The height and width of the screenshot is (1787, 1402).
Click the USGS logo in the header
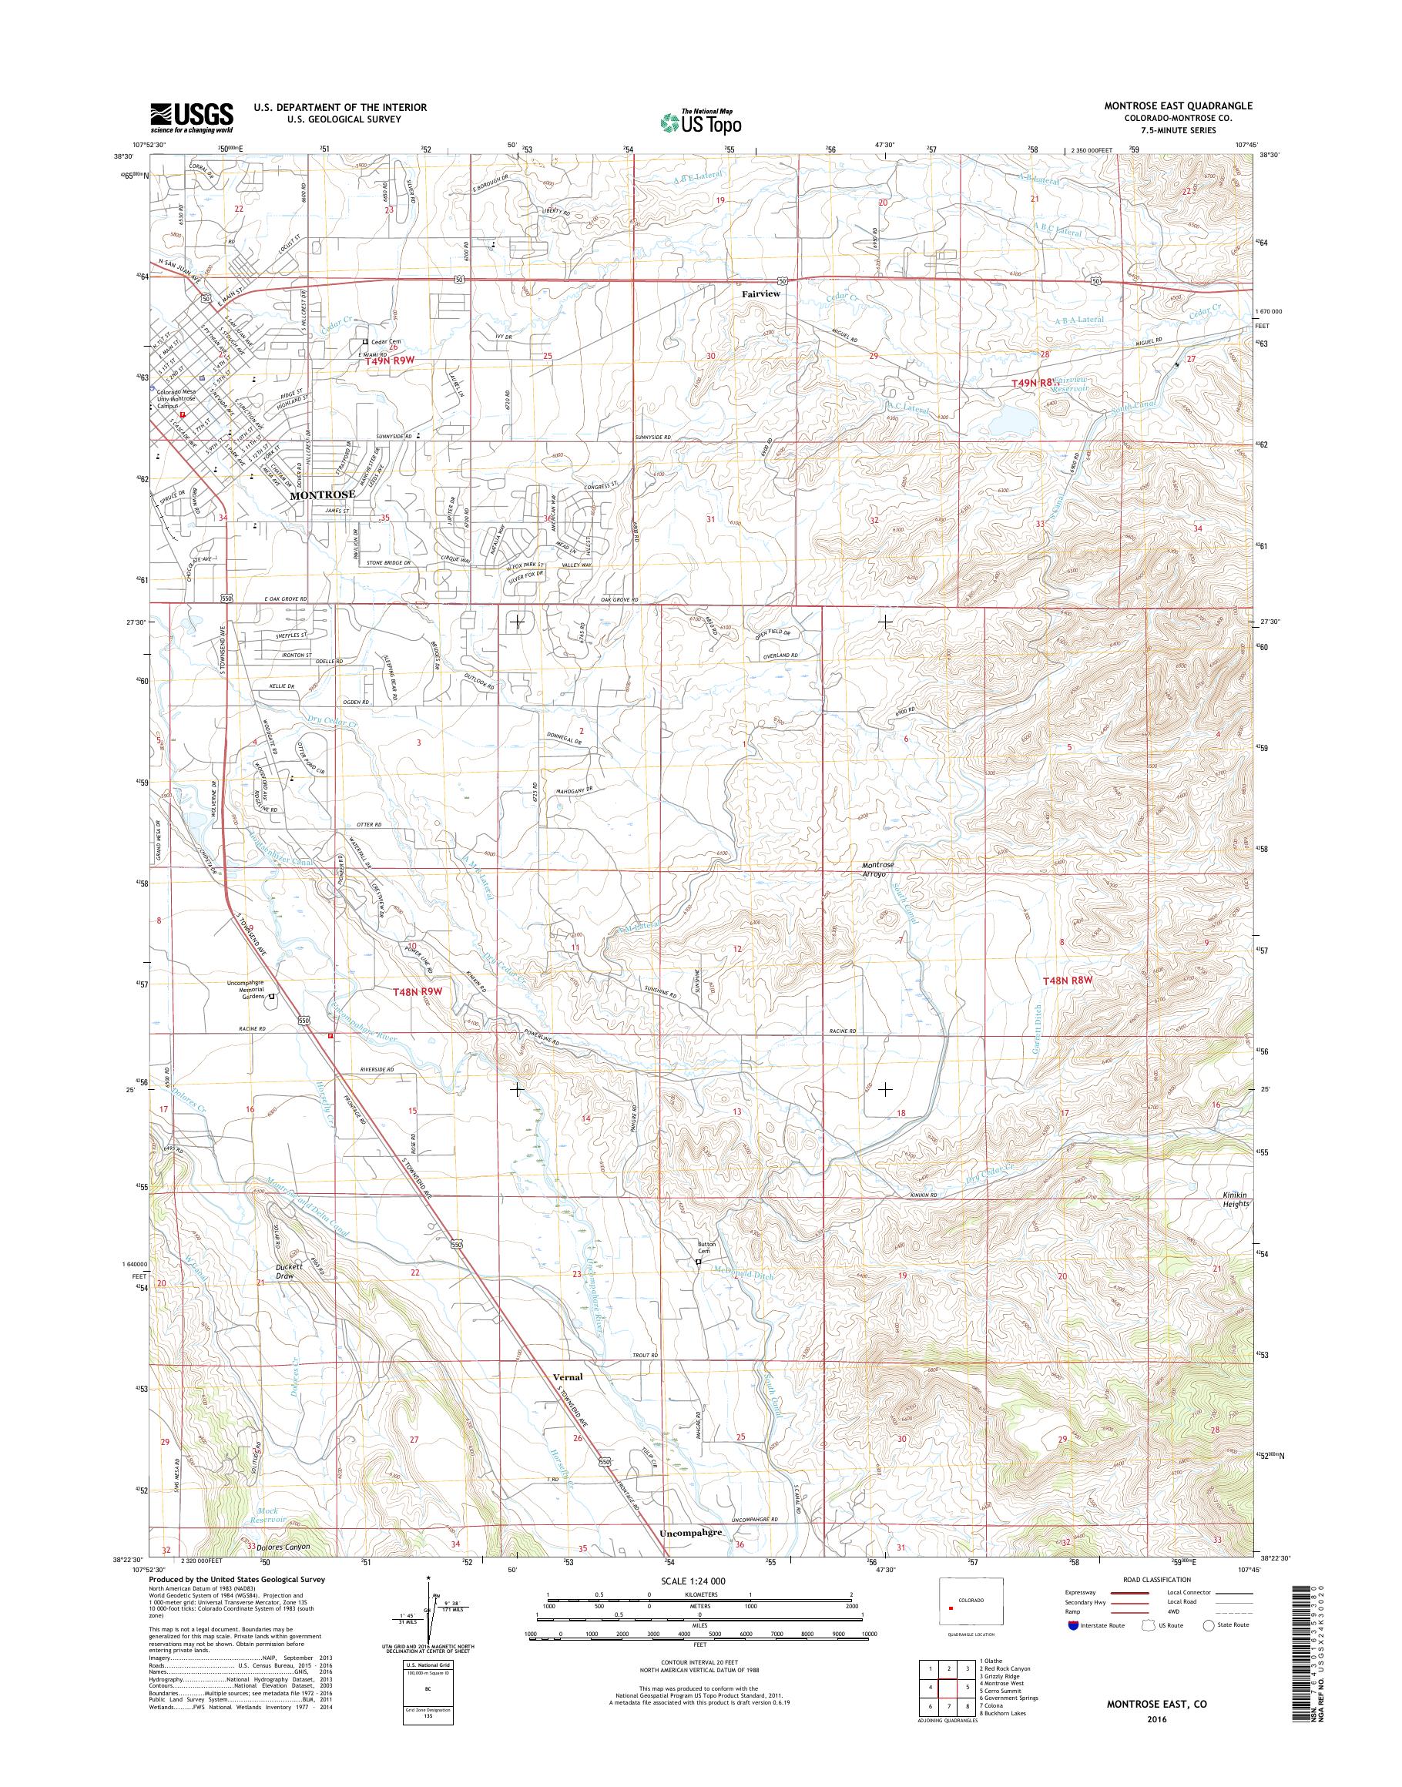click(191, 118)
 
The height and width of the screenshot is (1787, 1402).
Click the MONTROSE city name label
click(323, 496)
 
